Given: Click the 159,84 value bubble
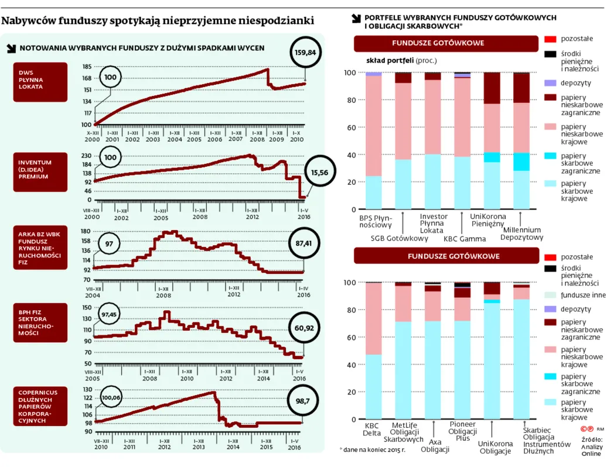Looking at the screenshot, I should click(305, 52).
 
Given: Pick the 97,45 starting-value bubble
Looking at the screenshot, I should click(108, 314).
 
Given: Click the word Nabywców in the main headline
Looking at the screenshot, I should click(26, 22).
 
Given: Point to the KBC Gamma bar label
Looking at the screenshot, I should click(465, 238).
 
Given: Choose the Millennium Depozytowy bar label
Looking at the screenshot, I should click(523, 233).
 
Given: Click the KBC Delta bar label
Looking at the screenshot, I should click(373, 429).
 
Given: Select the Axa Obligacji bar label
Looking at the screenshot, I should click(435, 445).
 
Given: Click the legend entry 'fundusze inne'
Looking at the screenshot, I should click(583, 295).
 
